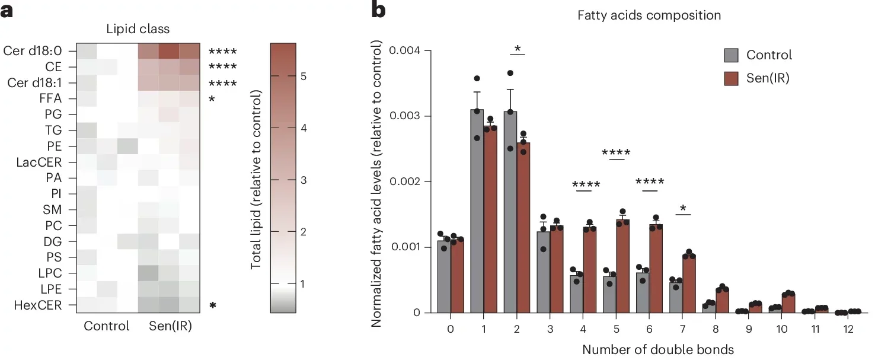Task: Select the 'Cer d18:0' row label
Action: click(x=32, y=51)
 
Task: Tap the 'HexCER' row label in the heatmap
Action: click(x=40, y=305)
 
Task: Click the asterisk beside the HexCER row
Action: click(x=212, y=307)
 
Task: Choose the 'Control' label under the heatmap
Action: click(x=107, y=326)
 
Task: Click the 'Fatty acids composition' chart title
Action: click(x=649, y=15)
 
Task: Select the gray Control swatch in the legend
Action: click(x=731, y=55)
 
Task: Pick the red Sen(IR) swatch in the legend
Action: click(x=731, y=78)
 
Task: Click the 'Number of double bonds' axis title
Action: click(x=649, y=349)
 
